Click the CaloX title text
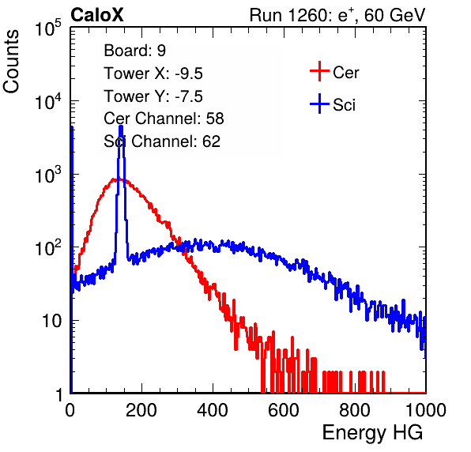(x=97, y=15)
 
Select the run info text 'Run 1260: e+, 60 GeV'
(x=337, y=15)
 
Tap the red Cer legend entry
(x=334, y=72)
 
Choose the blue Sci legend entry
(x=333, y=104)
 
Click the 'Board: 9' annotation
(x=134, y=51)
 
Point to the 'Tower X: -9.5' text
(x=153, y=73)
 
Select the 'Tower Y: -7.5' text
(x=153, y=96)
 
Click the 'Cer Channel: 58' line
(x=164, y=119)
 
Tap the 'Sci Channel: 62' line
(x=162, y=141)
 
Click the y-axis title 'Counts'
(x=11, y=62)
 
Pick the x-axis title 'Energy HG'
(x=372, y=433)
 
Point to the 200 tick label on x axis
(x=141, y=410)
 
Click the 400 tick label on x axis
(x=213, y=410)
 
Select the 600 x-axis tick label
(x=284, y=410)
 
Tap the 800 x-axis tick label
(x=355, y=410)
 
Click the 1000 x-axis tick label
(x=426, y=410)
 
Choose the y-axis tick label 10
(x=51, y=321)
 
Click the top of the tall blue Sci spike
(x=121, y=126)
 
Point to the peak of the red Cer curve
(x=114, y=179)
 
